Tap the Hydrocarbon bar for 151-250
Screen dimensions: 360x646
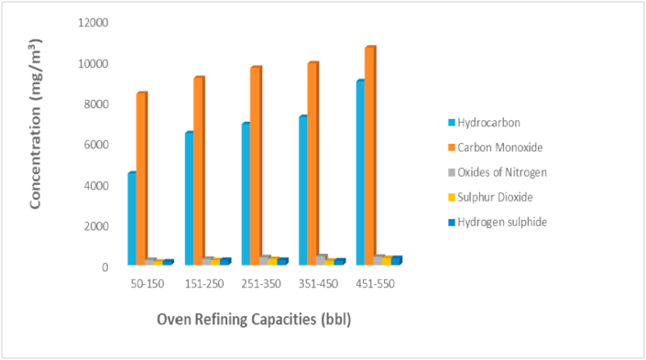coord(189,199)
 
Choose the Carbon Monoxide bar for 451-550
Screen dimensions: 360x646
coord(370,157)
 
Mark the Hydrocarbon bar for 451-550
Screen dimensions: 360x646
coord(360,173)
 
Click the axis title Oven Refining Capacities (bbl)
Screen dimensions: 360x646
coord(254,321)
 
